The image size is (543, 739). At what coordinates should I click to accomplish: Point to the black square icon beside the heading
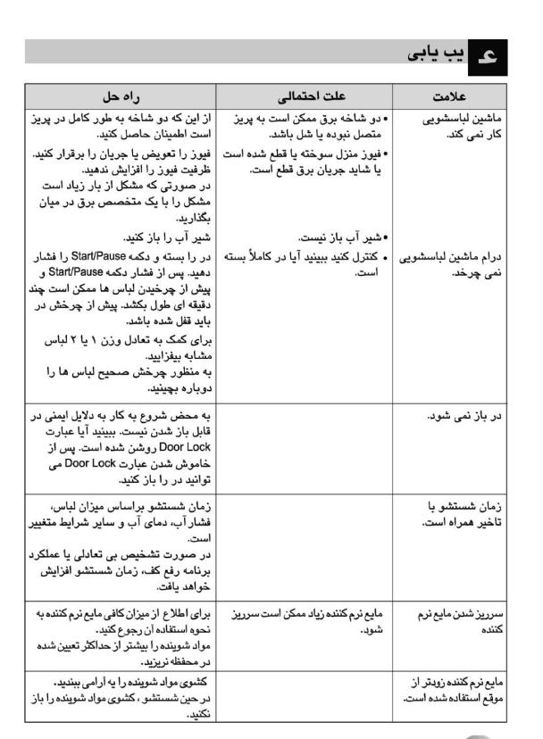pos(489,55)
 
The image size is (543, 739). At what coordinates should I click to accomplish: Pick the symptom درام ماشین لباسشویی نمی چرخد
pos(451,266)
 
